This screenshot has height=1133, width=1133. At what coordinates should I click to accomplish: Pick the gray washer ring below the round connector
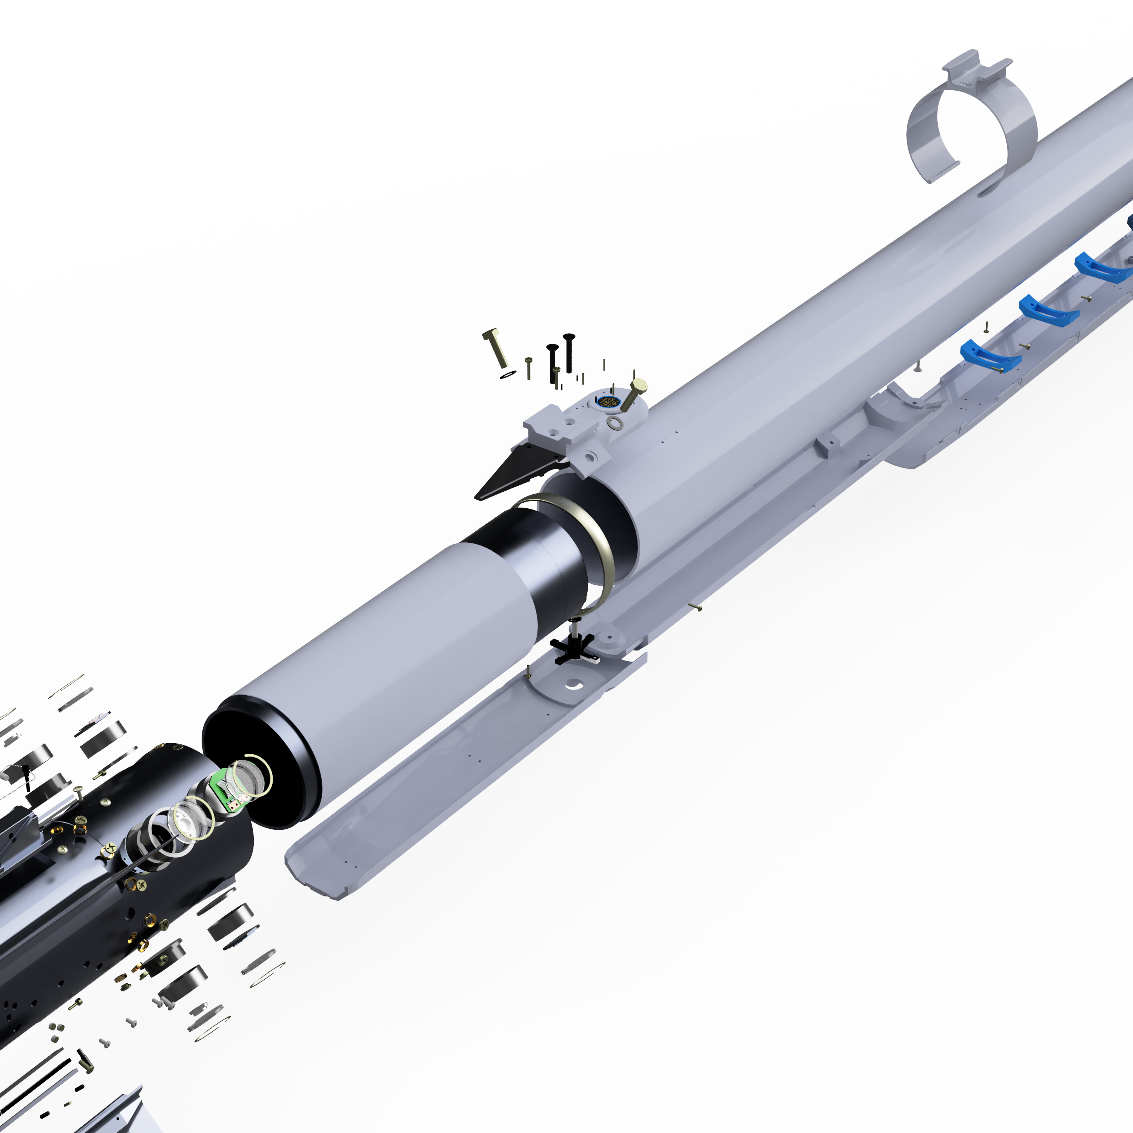[x=614, y=423]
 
